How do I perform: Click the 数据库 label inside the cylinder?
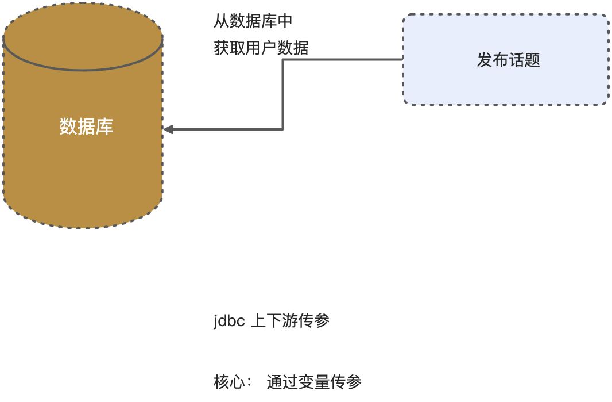[x=86, y=127]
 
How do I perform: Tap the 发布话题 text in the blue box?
[x=508, y=60]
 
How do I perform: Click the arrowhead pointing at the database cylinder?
[x=168, y=129]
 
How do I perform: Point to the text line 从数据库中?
[x=253, y=22]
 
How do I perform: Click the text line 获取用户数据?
[x=261, y=48]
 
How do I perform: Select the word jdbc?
[x=230, y=321]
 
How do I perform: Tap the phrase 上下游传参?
[x=290, y=321]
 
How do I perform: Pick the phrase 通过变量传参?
[x=314, y=382]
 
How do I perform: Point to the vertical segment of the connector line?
[x=283, y=95]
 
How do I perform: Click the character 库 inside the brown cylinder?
[x=104, y=127]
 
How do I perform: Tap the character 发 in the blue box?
[x=485, y=60]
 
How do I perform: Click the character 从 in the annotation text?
[x=221, y=22]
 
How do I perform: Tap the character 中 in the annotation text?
[x=285, y=22]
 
